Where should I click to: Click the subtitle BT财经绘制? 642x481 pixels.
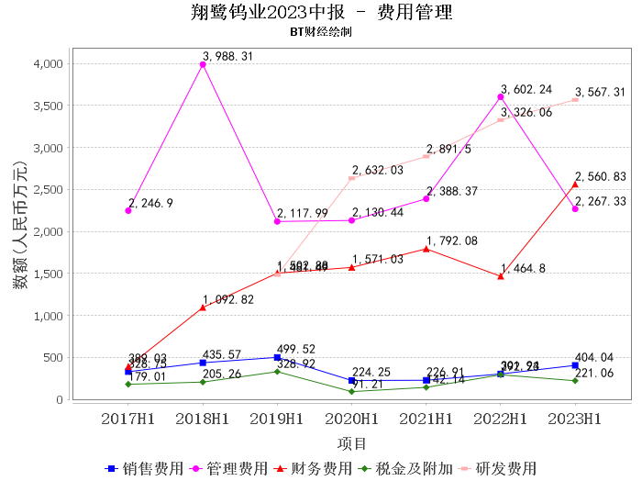(x=320, y=32)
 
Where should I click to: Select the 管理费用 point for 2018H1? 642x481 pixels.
(x=203, y=64)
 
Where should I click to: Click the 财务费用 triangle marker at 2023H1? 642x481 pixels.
(x=575, y=185)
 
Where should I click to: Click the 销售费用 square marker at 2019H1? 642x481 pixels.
(x=277, y=357)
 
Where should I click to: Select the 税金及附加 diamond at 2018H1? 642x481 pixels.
(x=203, y=382)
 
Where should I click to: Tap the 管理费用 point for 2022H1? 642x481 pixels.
(x=501, y=96)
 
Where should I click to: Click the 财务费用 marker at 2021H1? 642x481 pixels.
(x=426, y=249)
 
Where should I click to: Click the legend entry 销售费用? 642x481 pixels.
(x=144, y=468)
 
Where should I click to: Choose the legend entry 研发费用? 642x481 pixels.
(x=495, y=468)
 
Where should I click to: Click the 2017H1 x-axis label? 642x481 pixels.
(x=128, y=419)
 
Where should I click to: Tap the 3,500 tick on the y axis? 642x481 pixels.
(x=43, y=106)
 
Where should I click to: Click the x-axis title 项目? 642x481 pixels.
(x=351, y=443)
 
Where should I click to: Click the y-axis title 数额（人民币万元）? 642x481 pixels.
(x=19, y=226)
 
